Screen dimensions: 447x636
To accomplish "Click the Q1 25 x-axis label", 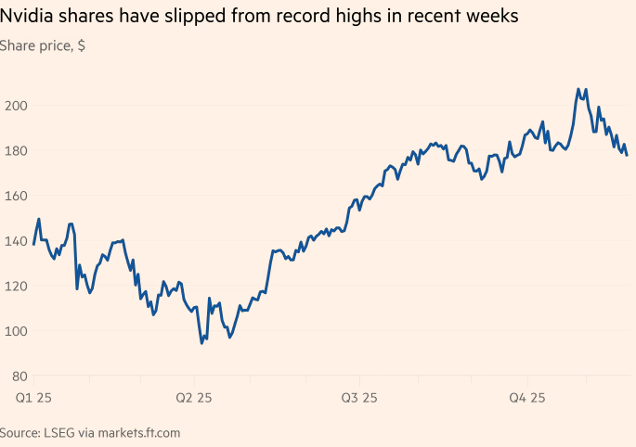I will pyautogui.click(x=33, y=398).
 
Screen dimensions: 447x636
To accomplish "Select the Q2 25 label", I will pyautogui.click(x=193, y=398).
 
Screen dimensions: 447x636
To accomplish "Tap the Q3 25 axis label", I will pyautogui.click(x=358, y=398).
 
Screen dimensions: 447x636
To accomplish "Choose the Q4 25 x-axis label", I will pyautogui.click(x=526, y=398).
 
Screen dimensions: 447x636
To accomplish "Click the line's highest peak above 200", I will pyautogui.click(x=578, y=90).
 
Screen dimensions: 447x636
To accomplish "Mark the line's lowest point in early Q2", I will pyautogui.click(x=201, y=343).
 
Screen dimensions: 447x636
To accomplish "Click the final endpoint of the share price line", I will pyautogui.click(x=627, y=155).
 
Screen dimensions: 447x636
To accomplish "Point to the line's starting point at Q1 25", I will pyautogui.click(x=34, y=244).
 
